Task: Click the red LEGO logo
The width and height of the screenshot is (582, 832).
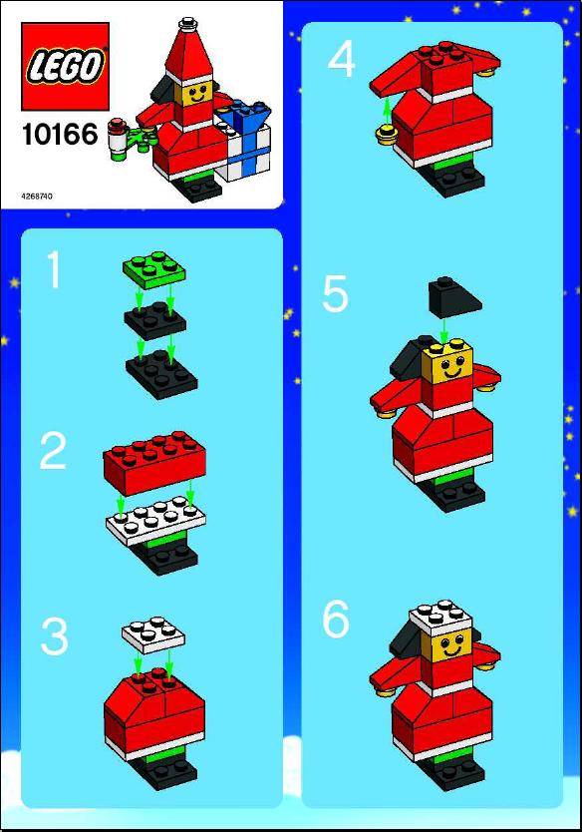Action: coord(65,66)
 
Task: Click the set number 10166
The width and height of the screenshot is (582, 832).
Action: coord(60,135)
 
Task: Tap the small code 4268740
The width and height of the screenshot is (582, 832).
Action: coord(37,197)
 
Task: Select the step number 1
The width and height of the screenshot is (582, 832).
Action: coord(54,270)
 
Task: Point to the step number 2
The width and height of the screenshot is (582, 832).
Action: coord(53,451)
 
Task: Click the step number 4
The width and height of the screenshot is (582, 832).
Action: coord(341,60)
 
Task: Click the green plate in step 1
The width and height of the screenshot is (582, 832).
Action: coord(154,269)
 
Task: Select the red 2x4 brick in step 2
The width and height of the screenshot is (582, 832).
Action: coord(154,462)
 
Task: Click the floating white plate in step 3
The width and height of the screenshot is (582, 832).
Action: coord(153,634)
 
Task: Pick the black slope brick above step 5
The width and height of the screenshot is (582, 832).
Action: coord(455,293)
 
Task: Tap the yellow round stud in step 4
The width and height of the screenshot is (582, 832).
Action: coord(388,135)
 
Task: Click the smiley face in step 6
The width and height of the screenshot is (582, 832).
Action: coord(451,647)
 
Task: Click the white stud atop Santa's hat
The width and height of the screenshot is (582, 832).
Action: coord(187,24)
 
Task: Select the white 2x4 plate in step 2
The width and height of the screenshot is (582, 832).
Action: coord(155,521)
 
